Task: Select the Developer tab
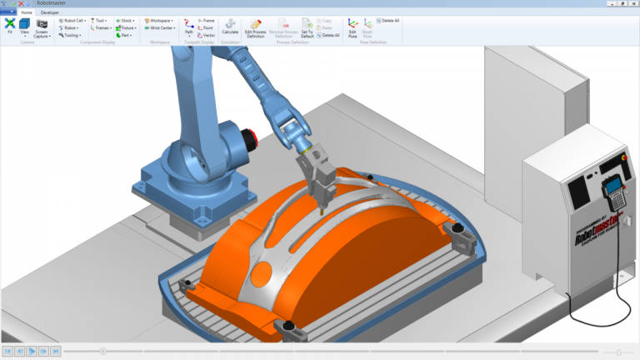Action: pos(50,13)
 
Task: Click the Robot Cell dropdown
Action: pos(72,20)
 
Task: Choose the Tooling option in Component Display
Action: pos(71,35)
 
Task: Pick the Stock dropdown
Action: pos(126,20)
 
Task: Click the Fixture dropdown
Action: pos(127,27)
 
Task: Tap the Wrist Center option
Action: pos(159,27)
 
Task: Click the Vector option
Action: pos(206,35)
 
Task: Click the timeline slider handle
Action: pos(102,352)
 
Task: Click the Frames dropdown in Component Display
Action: pos(101,27)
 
